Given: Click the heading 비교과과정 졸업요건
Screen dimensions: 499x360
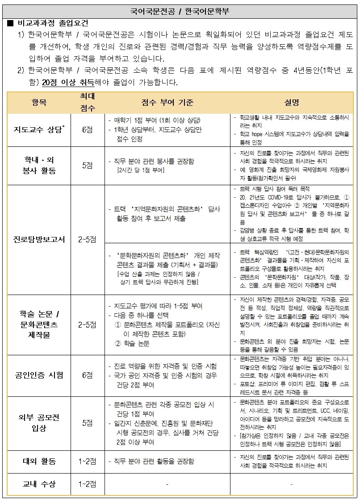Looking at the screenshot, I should click(x=52, y=23).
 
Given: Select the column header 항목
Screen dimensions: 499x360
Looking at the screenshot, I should click(x=39, y=102).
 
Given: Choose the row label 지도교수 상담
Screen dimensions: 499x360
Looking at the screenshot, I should click(x=39, y=130).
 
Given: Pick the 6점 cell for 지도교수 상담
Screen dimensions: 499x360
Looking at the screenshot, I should click(x=87, y=130).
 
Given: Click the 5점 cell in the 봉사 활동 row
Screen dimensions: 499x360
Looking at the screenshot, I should click(x=87, y=165).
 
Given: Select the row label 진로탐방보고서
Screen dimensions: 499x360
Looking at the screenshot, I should click(x=39, y=239).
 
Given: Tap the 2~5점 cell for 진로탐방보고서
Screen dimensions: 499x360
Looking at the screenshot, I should click(x=87, y=239).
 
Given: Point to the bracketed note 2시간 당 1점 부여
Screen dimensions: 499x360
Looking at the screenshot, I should click(x=140, y=170).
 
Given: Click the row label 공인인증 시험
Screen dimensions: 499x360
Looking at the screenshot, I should click(x=39, y=375).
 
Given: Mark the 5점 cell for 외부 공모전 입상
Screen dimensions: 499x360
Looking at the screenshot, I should click(x=87, y=423).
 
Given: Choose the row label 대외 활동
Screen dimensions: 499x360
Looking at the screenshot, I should click(x=39, y=461).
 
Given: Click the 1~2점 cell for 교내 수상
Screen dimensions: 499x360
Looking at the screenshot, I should click(x=87, y=484).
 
